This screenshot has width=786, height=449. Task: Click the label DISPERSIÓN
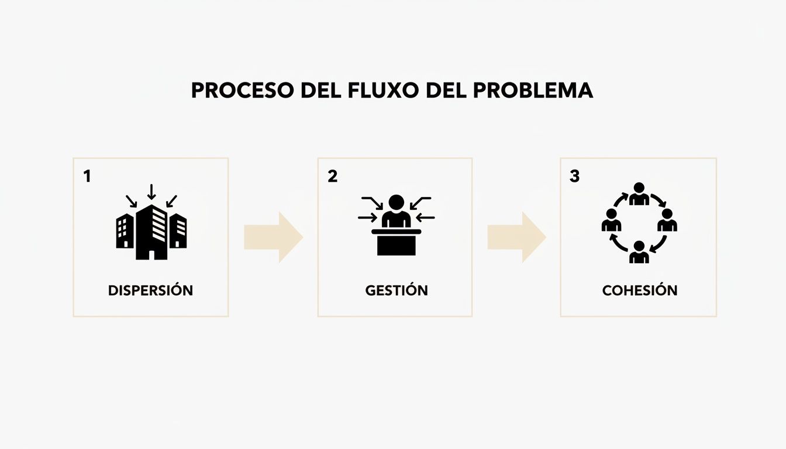150,290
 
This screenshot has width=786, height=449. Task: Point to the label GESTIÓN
396,290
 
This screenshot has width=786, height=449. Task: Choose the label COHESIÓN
639,290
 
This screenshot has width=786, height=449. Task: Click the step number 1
87,176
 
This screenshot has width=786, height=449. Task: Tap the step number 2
332,176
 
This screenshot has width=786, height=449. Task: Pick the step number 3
574,176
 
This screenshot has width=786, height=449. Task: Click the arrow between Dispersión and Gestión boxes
274,237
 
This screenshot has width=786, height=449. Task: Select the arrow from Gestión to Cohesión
517,237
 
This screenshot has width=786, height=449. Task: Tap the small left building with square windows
125,230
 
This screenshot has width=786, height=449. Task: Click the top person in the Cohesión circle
639,194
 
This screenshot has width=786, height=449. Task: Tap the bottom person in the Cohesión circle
639,252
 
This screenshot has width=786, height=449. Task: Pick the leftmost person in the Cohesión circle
611,221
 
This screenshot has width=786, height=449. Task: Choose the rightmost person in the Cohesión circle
667,221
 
